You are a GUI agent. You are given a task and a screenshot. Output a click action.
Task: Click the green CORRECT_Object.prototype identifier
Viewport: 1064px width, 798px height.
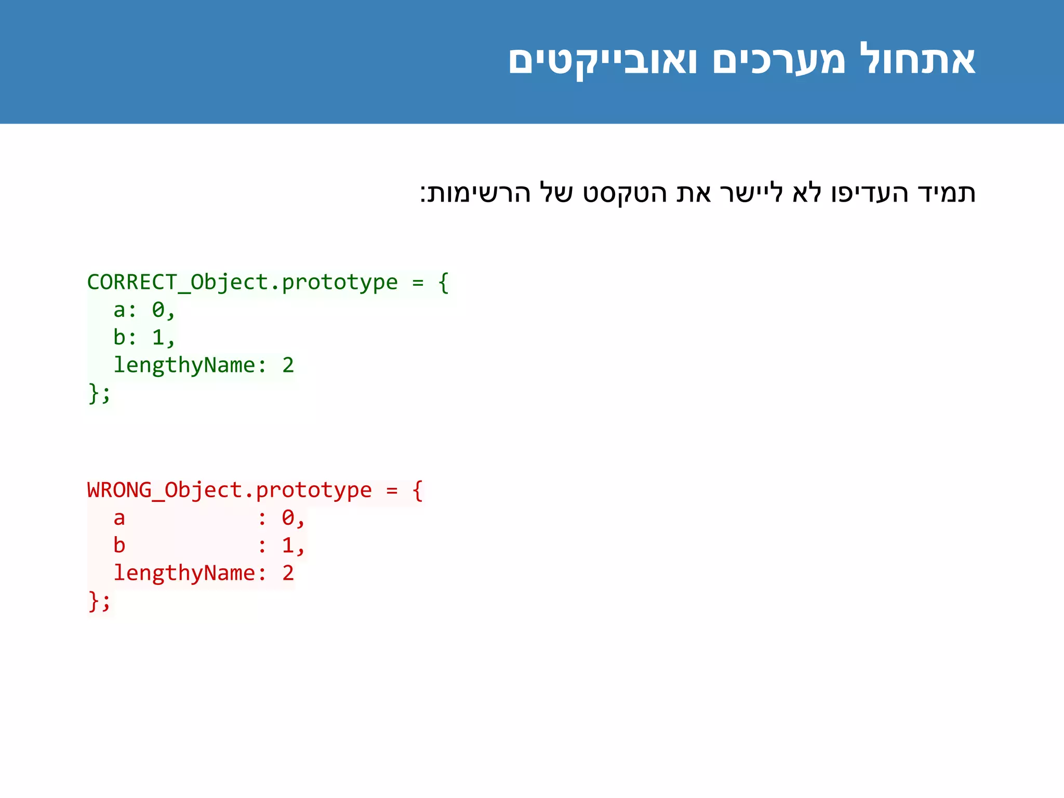(x=242, y=283)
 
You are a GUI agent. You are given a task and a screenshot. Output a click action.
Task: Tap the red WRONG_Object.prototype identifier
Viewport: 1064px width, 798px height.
(x=229, y=490)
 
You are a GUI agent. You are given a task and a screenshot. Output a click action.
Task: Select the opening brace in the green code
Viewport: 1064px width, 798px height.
(x=443, y=283)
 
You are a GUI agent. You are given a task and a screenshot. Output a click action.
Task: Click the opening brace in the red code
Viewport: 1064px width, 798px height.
(x=417, y=490)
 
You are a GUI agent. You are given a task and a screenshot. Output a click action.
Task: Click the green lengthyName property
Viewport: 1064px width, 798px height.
(x=184, y=365)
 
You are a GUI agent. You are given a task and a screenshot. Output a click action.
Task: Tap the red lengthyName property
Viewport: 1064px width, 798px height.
(x=184, y=573)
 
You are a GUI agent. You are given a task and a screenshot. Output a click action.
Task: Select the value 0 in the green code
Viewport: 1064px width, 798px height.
(x=158, y=310)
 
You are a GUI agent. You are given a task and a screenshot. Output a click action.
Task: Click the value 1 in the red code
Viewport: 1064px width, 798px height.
(x=288, y=546)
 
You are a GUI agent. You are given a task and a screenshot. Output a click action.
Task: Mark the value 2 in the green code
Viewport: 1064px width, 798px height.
(x=288, y=365)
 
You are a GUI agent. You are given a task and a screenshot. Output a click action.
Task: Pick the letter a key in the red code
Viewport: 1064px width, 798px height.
(x=119, y=518)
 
